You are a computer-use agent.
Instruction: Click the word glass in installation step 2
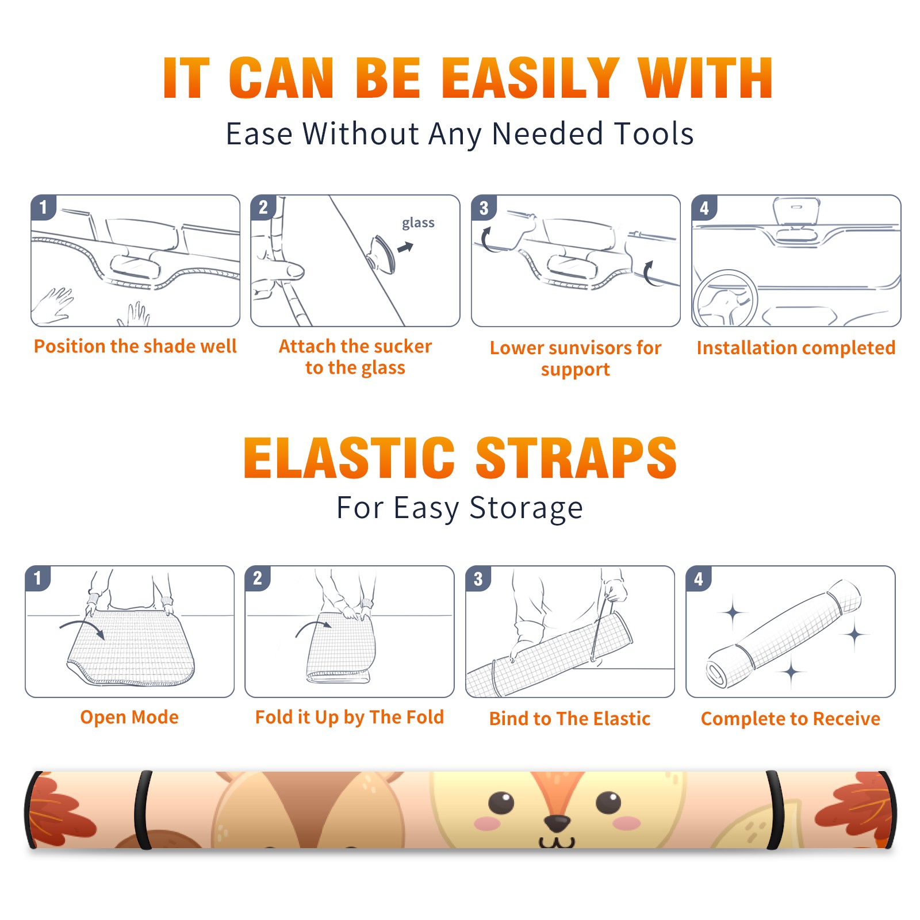418,223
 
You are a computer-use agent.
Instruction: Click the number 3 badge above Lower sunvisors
484,208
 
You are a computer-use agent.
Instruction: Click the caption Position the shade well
135,347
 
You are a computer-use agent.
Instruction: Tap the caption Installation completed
796,348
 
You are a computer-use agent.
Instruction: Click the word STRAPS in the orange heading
576,458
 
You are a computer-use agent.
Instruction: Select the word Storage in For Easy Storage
526,509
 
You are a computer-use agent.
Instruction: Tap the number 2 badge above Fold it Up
257,578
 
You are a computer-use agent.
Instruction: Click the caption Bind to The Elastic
569,719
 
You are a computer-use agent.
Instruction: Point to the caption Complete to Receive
791,719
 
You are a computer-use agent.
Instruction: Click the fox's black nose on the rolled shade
557,823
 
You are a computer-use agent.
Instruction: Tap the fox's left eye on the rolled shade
501,803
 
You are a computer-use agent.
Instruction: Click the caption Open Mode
129,718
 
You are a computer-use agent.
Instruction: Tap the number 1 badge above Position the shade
44,207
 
